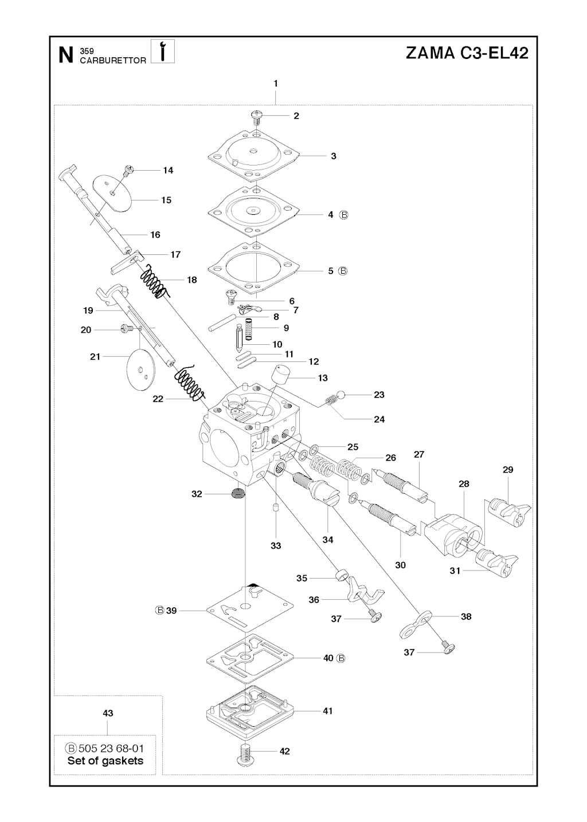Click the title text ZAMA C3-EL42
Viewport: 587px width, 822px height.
466,53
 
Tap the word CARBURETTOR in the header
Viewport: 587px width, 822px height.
113,60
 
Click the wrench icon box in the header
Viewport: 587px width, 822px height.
163,52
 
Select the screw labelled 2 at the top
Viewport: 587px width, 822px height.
256,116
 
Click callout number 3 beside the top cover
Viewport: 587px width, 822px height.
334,156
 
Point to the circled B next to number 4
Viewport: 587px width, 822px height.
344,215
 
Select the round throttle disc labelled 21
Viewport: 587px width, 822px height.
140,371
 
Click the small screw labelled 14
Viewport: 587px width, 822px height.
129,170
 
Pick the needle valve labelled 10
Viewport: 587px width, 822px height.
240,337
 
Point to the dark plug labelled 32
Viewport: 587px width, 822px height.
238,493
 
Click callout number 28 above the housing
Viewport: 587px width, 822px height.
464,483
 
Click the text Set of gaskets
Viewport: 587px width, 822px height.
105,761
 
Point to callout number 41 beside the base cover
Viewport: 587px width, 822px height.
327,711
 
